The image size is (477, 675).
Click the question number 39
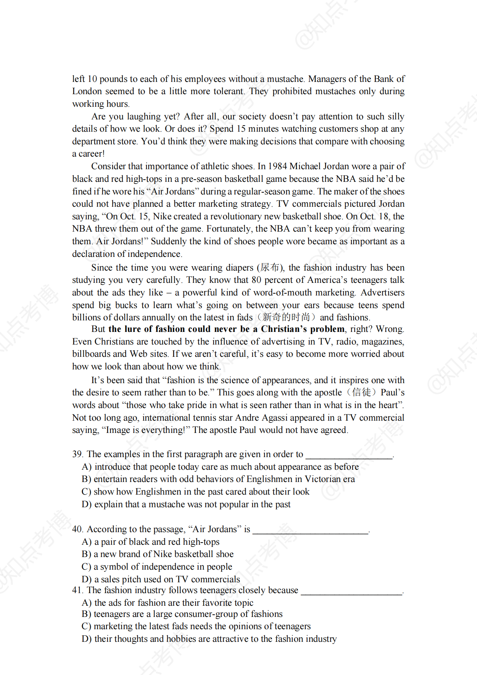(x=77, y=454)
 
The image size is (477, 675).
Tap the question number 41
(x=77, y=590)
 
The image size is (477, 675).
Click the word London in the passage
(x=87, y=91)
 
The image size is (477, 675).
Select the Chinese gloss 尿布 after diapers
(x=270, y=267)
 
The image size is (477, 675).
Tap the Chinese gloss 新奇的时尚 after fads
(x=286, y=317)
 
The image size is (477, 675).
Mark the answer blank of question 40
(x=310, y=530)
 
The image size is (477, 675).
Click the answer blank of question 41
(x=351, y=591)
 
